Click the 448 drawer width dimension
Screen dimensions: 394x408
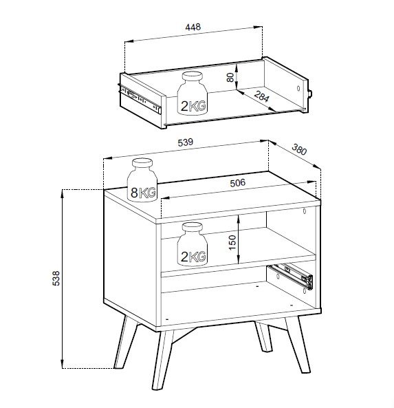click(193, 27)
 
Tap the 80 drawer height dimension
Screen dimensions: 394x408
click(230, 77)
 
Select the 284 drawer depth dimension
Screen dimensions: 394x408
click(261, 96)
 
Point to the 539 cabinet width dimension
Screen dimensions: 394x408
click(186, 142)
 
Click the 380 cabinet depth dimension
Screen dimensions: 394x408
click(299, 149)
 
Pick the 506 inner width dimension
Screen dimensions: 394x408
click(238, 183)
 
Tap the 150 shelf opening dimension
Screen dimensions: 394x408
click(232, 242)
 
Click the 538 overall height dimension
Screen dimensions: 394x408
click(56, 278)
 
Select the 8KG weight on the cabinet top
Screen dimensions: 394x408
click(142, 180)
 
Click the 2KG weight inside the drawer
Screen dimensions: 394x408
click(193, 93)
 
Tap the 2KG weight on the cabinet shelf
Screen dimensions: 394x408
click(193, 244)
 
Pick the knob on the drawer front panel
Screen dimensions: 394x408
click(310, 94)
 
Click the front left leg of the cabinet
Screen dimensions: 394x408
click(162, 360)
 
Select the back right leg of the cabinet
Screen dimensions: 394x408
click(264, 336)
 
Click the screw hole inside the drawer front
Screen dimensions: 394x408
click(298, 88)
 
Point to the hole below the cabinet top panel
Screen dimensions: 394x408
click(305, 211)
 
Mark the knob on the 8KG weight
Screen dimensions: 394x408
click(142, 164)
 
